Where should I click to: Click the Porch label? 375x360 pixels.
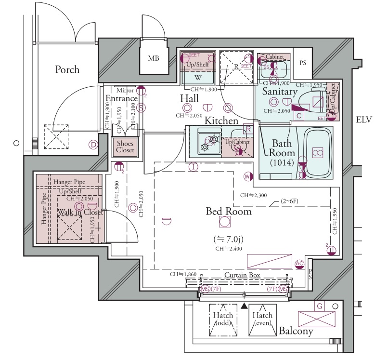[x=67, y=69]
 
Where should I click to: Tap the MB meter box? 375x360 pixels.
[x=154, y=59]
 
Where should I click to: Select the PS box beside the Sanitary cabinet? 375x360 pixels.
[x=303, y=63]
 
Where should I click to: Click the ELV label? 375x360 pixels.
[x=364, y=120]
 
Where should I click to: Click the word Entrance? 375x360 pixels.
[x=121, y=99]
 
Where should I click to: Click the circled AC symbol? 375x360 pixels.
[x=299, y=263]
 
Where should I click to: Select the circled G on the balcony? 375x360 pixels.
[x=318, y=305]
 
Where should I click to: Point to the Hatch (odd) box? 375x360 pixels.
[x=223, y=320]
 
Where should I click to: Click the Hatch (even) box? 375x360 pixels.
[x=262, y=320]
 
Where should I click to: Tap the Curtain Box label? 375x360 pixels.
[x=242, y=275]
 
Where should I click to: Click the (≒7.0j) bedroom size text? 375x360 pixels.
[x=228, y=239]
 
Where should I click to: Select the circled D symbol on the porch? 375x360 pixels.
[x=93, y=144]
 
